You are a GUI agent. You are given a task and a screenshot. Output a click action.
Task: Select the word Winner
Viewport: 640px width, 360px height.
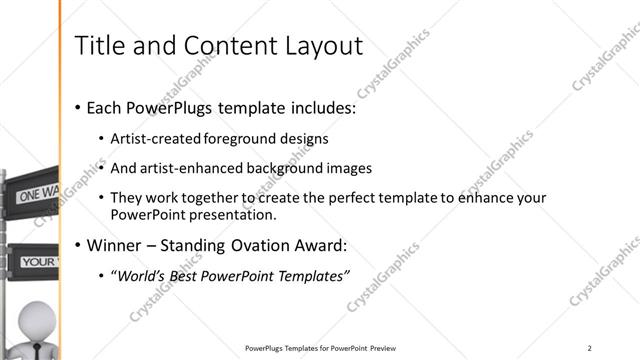[x=116, y=245]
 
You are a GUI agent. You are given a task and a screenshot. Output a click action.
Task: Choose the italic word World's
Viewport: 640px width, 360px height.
[x=144, y=276]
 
